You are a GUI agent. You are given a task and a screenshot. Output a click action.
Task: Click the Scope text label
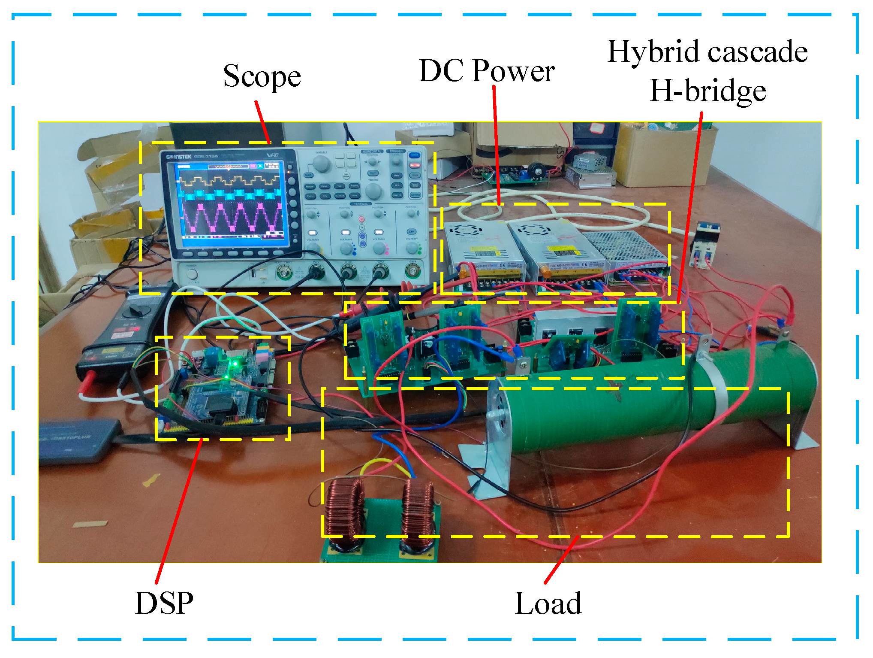tap(262, 76)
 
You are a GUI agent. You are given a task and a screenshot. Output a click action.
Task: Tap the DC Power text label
tap(486, 71)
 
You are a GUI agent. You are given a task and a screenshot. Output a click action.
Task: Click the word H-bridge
tap(707, 91)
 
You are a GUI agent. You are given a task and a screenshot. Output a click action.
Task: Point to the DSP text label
tap(164, 603)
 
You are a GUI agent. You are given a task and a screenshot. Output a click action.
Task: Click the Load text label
tap(548, 603)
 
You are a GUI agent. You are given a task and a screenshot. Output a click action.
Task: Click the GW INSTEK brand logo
tap(179, 157)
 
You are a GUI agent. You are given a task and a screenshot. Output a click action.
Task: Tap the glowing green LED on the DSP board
tap(234, 364)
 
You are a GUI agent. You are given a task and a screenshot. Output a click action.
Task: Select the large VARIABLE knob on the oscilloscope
tap(321, 164)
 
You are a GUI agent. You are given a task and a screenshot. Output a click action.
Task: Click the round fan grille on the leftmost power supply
tap(462, 230)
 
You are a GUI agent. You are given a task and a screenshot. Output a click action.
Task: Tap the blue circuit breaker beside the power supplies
tap(703, 245)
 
